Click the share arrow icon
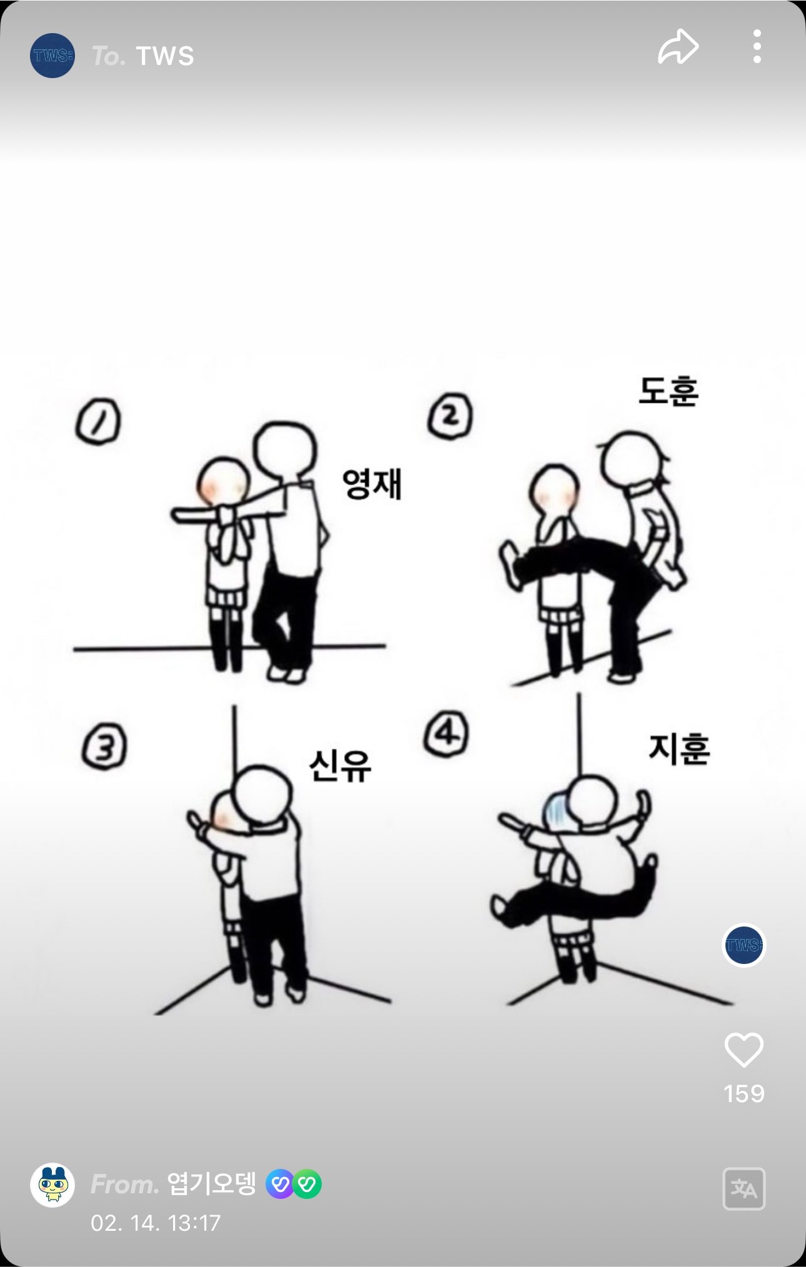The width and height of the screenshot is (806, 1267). click(x=678, y=47)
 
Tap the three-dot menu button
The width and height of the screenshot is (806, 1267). click(x=757, y=46)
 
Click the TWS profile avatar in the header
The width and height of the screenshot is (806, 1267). click(x=52, y=56)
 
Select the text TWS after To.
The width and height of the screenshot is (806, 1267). click(x=166, y=56)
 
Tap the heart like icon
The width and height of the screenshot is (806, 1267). click(x=744, y=1050)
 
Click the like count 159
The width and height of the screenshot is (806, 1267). click(x=744, y=1094)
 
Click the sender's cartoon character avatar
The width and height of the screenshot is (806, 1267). click(x=52, y=1185)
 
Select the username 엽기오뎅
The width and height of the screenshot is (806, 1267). click(x=212, y=1183)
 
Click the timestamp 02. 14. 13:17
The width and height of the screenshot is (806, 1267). click(x=156, y=1223)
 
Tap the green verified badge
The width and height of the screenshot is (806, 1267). click(x=307, y=1184)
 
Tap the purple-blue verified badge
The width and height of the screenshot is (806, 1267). click(x=281, y=1184)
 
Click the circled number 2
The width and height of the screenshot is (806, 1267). click(x=450, y=415)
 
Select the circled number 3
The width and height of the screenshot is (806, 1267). click(x=104, y=748)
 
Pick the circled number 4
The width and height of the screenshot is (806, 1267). click(x=446, y=734)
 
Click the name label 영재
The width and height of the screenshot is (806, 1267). click(x=372, y=484)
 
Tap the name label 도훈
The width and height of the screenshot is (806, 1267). click(x=668, y=391)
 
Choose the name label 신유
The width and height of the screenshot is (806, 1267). click(x=340, y=765)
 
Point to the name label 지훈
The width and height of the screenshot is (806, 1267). click(x=679, y=749)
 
